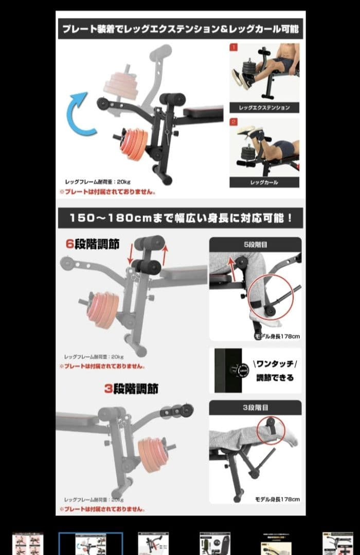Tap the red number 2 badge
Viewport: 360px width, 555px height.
[x=233, y=122]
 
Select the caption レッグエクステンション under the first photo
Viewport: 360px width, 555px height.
[x=264, y=108]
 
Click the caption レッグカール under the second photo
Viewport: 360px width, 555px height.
[x=264, y=182]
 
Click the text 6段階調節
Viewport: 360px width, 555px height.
[x=92, y=244]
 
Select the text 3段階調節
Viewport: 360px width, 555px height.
[x=131, y=389]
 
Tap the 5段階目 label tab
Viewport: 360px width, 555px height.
[x=255, y=245]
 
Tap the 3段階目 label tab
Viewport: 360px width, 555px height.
[x=255, y=407]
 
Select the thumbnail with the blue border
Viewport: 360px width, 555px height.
[x=91, y=544]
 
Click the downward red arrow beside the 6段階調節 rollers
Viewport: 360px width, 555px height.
[x=130, y=254]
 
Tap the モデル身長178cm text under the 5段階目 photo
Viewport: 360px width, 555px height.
[x=277, y=336]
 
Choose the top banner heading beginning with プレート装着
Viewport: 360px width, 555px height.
[x=180, y=29]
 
